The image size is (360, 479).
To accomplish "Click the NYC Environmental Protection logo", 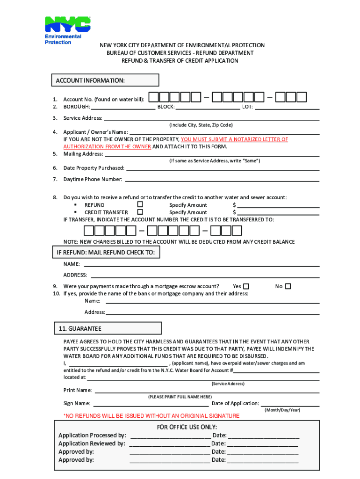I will pyautogui.click(x=67, y=30).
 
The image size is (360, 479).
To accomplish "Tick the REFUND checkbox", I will pyautogui.click(x=140, y=204).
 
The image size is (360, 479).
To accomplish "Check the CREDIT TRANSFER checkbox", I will pyautogui.click(x=140, y=212).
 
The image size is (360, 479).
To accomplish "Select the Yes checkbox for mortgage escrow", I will pyautogui.click(x=246, y=286).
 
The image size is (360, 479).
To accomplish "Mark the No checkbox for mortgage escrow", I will pyautogui.click(x=288, y=286).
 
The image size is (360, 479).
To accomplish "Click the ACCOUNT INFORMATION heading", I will pyautogui.click(x=90, y=81).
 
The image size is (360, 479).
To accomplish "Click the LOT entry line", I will pyautogui.click(x=287, y=108).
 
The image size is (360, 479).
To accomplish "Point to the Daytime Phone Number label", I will pyautogui.click(x=93, y=179).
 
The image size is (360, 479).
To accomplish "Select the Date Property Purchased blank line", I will pyautogui.click(x=223, y=169).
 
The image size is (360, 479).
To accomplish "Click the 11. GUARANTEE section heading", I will pyautogui.click(x=80, y=329).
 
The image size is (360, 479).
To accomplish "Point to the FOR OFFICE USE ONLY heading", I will pyautogui.click(x=187, y=427).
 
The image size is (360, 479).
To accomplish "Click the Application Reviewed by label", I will pyautogui.click(x=92, y=443).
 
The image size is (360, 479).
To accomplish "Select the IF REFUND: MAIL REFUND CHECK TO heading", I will pyautogui.click(x=105, y=253).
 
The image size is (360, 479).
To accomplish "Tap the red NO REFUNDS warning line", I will pyautogui.click(x=151, y=416).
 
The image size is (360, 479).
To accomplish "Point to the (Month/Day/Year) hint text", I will pyautogui.click(x=282, y=410).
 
